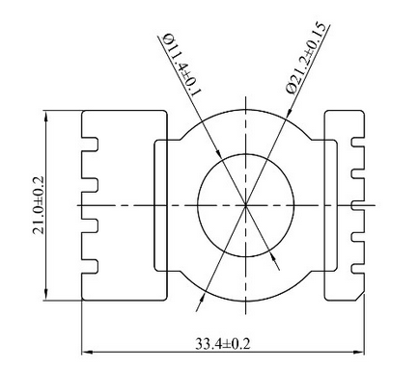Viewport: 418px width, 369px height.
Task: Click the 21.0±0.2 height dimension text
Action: click(39, 205)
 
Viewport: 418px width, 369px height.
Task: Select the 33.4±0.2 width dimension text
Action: click(222, 344)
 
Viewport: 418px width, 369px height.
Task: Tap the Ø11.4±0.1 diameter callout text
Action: click(182, 64)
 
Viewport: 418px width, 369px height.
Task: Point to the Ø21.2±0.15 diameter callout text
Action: click(308, 58)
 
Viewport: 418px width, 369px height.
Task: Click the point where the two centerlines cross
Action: click(245, 205)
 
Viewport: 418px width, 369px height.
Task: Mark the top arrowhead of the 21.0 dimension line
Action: click(46, 117)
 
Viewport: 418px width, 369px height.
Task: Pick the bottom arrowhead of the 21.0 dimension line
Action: click(46, 295)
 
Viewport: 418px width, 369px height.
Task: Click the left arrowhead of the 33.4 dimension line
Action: click(87, 353)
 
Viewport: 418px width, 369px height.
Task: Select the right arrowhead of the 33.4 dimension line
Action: click(359, 353)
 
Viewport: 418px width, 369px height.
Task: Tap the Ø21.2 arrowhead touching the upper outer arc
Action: click(289, 113)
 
